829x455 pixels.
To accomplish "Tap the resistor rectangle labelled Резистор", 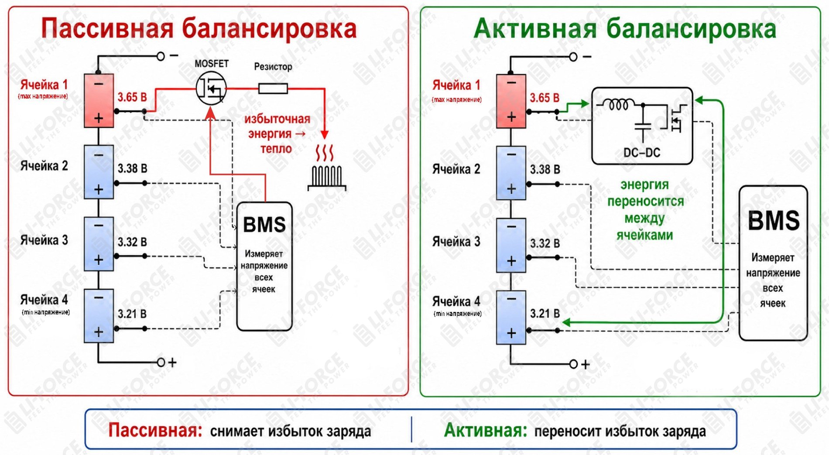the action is pyautogui.click(x=273, y=89).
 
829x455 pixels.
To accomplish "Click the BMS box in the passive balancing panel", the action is pyautogui.click(x=264, y=266).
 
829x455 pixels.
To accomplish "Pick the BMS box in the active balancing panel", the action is pyautogui.click(x=773, y=263).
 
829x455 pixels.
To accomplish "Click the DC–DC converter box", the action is pyautogui.click(x=642, y=126).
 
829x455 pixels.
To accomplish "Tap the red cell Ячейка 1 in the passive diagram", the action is pyautogui.click(x=99, y=101).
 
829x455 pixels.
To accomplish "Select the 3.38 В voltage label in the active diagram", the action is pyautogui.click(x=545, y=169).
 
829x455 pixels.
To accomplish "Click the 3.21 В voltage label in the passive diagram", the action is pyautogui.click(x=132, y=314).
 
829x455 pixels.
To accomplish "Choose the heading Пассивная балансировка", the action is pyautogui.click(x=199, y=28).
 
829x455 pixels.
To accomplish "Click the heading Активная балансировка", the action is pyautogui.click(x=625, y=29).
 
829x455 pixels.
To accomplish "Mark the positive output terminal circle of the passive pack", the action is pyautogui.click(x=161, y=362).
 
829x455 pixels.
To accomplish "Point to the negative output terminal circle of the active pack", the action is pyautogui.click(x=573, y=57).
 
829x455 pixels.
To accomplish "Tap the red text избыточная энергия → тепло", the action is pyautogui.click(x=277, y=133).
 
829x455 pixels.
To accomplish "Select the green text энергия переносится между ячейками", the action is pyautogui.click(x=645, y=209).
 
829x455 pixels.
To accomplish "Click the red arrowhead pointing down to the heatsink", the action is pyautogui.click(x=325, y=134).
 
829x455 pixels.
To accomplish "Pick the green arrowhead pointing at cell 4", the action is pyautogui.click(x=566, y=322).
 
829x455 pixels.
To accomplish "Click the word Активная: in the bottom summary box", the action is pyautogui.click(x=486, y=431).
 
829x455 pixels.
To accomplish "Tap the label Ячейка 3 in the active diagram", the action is pyautogui.click(x=456, y=241).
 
